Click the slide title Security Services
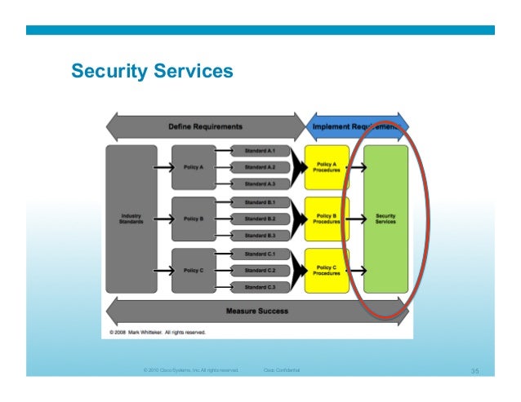(152, 72)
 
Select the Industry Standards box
(131, 219)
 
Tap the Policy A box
(194, 167)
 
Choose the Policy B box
(194, 219)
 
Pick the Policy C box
(194, 270)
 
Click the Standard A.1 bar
(260, 151)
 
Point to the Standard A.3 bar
(260, 184)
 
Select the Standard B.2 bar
(260, 219)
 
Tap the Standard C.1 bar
(260, 254)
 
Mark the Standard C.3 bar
(260, 287)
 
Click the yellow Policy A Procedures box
(326, 167)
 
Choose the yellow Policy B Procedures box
(326, 219)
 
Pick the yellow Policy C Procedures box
(326, 270)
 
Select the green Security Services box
(385, 219)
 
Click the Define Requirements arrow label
(205, 126)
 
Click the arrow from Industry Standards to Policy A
(163, 167)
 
